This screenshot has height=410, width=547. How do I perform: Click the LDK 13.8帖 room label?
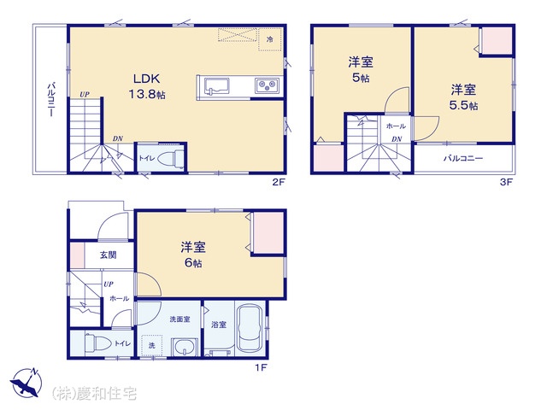[x=147, y=86]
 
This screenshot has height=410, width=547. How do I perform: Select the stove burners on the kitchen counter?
[x=267, y=85]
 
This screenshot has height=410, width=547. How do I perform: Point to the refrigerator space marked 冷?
[x=270, y=39]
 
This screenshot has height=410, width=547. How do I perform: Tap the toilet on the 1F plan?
[x=98, y=343]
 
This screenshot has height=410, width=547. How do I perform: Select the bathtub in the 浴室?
[x=250, y=328]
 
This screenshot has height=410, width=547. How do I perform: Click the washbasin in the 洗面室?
[x=185, y=348]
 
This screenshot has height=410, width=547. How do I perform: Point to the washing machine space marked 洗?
[x=152, y=345]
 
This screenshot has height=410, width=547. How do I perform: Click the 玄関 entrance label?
[x=109, y=255]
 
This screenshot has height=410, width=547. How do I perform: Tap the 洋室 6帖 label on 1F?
[x=193, y=255]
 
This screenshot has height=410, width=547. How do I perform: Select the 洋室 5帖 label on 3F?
[x=361, y=69]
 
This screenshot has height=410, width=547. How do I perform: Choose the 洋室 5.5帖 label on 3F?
[x=463, y=97]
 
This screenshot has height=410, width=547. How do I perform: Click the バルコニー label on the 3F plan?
[x=463, y=158]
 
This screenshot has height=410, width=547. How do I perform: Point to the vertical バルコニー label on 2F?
[x=50, y=99]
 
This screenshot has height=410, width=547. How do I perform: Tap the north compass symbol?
[x=26, y=382]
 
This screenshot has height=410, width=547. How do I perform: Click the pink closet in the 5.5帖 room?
[x=496, y=41]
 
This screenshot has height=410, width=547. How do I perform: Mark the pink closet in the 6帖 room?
[x=268, y=232]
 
